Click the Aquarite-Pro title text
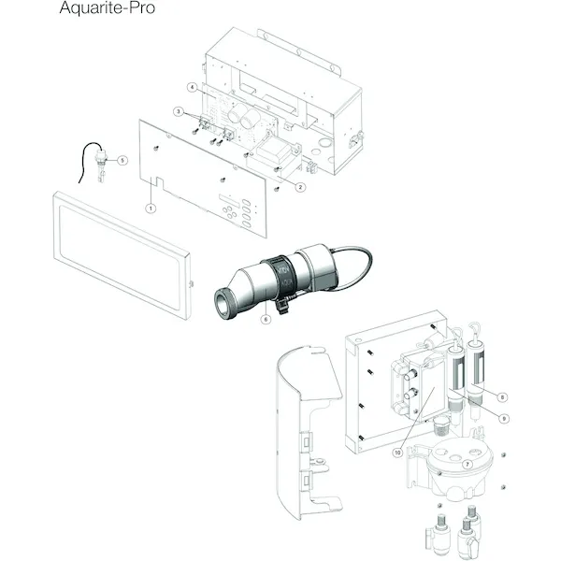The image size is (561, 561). tap(107, 7)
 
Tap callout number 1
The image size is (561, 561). tap(151, 209)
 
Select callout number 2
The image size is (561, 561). tap(300, 187)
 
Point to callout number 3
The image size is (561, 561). tap(179, 111)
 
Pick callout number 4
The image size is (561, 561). tap(193, 87)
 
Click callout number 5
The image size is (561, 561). tap(122, 160)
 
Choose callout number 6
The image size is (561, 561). tap(266, 319)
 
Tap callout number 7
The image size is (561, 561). tap(467, 465)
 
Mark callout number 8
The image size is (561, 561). tap(502, 397)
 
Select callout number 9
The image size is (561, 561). tap(504, 419)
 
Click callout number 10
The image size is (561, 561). tap(397, 453)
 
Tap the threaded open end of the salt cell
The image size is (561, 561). tap(224, 302)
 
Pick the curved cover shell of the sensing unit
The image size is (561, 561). tap(309, 432)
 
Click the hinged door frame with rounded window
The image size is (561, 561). tap(122, 255)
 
